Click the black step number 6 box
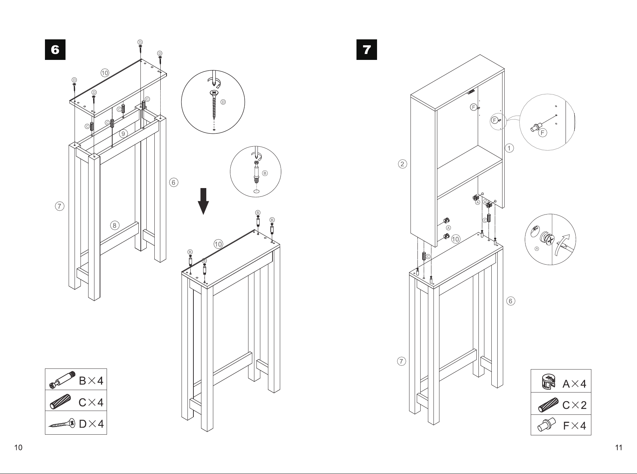55,50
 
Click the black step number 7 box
367,50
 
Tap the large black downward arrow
203,201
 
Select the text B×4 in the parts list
91,381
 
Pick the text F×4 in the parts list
575,426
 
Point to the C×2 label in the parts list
575,405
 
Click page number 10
18,448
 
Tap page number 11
619,448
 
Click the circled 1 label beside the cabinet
509,148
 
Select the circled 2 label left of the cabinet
402,164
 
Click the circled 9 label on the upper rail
123,133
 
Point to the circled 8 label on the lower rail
115,225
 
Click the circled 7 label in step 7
401,361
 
